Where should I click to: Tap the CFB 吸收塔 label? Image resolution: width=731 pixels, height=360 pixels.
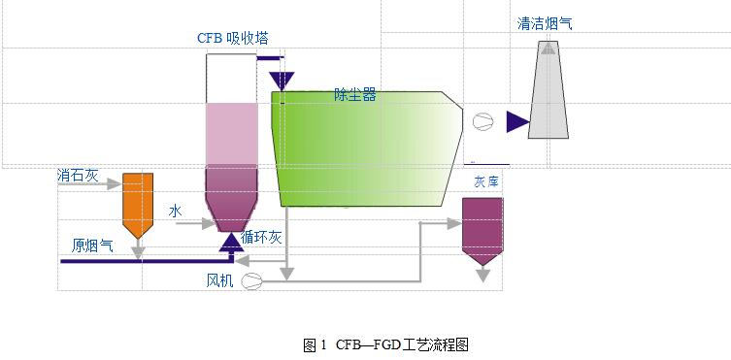[x=232, y=38]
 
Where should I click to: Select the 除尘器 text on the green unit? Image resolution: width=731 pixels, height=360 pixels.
[x=354, y=95]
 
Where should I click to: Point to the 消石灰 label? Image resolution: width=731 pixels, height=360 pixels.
[x=79, y=177]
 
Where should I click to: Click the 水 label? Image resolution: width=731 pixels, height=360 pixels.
[x=176, y=211]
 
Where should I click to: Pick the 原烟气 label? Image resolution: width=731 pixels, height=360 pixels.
[x=92, y=245]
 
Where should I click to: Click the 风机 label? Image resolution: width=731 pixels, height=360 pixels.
[x=219, y=281]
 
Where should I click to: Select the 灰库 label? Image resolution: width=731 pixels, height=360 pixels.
[x=483, y=181]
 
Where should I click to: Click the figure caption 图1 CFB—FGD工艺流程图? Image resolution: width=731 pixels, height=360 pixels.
[x=386, y=344]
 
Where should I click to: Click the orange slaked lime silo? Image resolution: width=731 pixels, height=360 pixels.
[x=137, y=204]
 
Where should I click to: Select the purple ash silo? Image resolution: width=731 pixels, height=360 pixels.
[x=482, y=229]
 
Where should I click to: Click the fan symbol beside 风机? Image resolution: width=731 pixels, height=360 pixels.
[x=251, y=281]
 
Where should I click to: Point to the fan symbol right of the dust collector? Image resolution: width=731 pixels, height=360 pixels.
[x=482, y=121]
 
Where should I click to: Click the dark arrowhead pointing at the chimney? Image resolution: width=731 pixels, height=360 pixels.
[x=516, y=121]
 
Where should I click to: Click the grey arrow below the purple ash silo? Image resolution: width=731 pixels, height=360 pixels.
[x=482, y=276]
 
